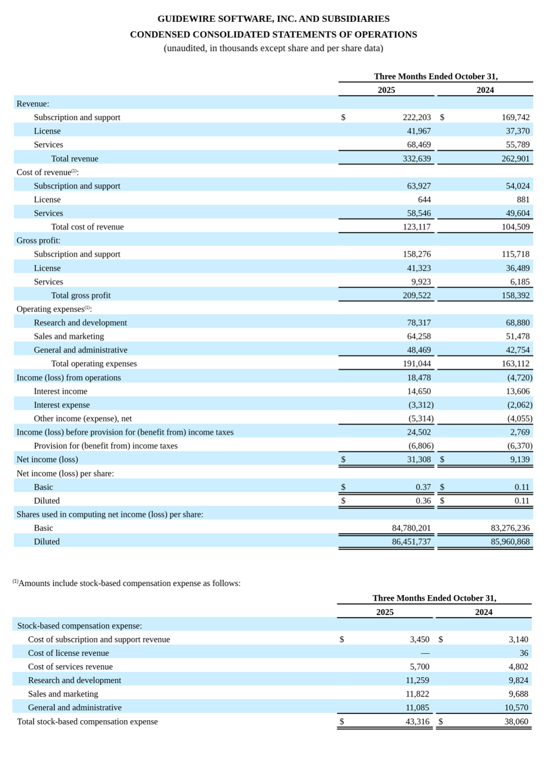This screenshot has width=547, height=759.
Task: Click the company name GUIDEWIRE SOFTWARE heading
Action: (x=273, y=19)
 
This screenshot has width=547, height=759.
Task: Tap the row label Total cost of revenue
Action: (x=87, y=227)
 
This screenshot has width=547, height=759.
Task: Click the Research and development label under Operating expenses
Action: (x=80, y=323)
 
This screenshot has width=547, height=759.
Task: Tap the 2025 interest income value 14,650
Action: (x=419, y=392)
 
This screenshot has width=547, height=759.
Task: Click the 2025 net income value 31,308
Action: (x=419, y=460)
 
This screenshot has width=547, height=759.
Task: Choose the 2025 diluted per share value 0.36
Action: (x=423, y=501)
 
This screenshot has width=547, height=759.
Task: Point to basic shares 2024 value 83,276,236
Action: (x=510, y=528)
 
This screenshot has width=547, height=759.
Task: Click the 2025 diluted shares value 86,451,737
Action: (x=411, y=542)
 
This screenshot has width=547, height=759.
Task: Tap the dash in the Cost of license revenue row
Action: (x=425, y=653)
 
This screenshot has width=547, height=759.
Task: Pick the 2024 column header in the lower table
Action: (x=484, y=612)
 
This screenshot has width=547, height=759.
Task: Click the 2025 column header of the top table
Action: (x=386, y=90)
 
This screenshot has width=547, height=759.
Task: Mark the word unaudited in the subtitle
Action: (x=185, y=49)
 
